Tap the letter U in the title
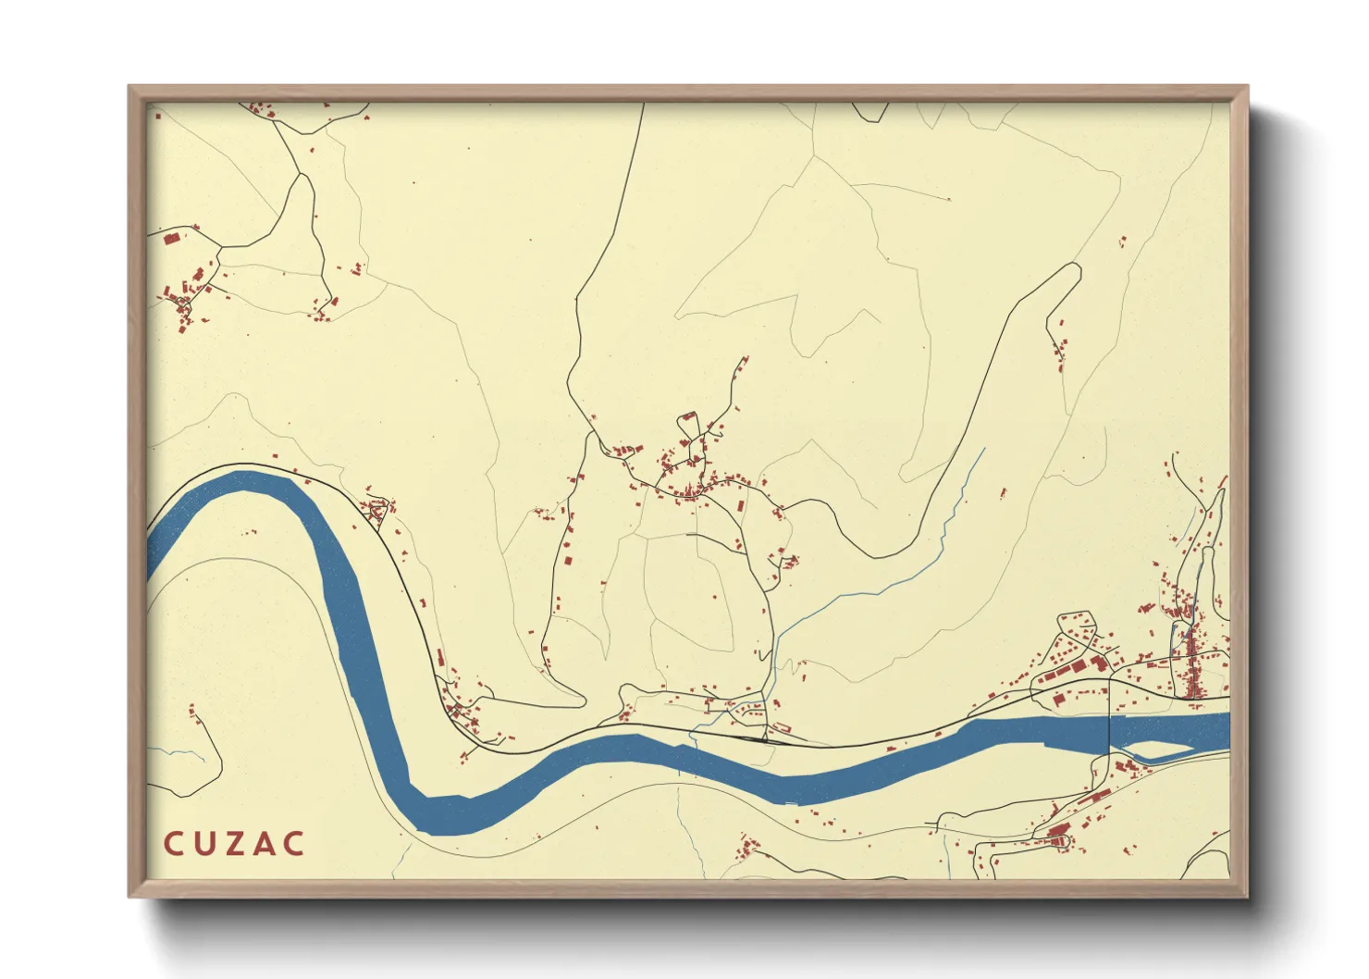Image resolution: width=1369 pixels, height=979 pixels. click(203, 844)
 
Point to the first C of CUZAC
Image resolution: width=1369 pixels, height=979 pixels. click(173, 844)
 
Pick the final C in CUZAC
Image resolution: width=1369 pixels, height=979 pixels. click(293, 844)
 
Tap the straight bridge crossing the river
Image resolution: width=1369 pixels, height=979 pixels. click(1110, 731)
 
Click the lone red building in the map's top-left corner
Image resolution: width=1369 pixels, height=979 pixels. click(158, 117)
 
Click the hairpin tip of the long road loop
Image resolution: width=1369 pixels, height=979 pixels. click(1075, 267)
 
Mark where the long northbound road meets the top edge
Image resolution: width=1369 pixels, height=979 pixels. click(643, 105)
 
